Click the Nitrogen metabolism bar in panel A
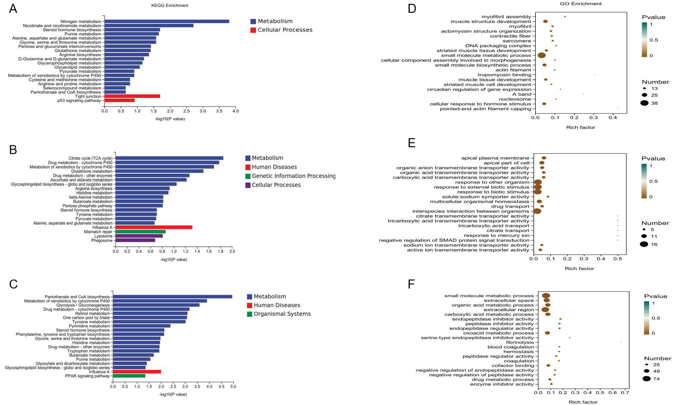(167, 21)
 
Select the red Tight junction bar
(132, 96)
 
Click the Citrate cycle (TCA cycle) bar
(169, 158)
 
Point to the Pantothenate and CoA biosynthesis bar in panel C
(173, 297)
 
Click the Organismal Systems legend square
(249, 314)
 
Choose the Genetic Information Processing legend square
(248, 176)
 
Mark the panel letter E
(412, 143)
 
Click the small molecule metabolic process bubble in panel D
(542, 55)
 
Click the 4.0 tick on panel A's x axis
(235, 111)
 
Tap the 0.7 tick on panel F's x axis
(625, 393)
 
